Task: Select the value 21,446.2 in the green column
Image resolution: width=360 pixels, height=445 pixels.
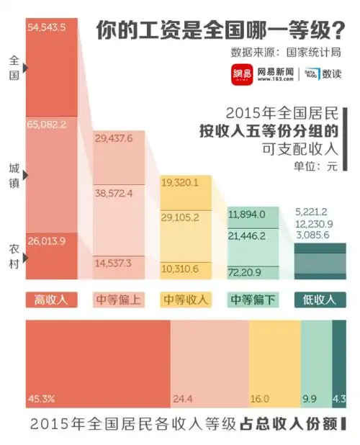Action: (247, 235)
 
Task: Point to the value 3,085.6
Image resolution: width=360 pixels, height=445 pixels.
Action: (312, 235)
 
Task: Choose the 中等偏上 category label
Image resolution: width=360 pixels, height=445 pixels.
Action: (119, 300)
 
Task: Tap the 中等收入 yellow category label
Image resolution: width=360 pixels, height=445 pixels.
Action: (186, 300)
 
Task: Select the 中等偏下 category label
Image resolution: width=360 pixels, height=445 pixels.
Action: (253, 300)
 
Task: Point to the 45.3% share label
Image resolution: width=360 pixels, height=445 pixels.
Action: (42, 397)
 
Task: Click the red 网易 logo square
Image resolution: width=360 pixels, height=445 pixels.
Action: (241, 76)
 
